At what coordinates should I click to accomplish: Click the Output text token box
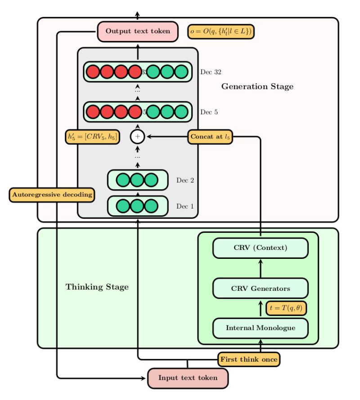click(138, 31)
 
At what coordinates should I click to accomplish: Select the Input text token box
click(188, 378)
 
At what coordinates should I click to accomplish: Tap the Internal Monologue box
click(261, 328)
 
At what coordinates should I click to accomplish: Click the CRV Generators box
click(261, 289)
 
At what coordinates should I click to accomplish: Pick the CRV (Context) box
click(261, 248)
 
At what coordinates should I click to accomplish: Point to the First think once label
click(249, 360)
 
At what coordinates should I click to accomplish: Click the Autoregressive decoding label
click(52, 195)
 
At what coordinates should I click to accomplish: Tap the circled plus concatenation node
click(138, 137)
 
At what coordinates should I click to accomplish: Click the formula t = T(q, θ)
click(286, 308)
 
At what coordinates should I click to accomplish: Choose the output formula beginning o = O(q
click(221, 31)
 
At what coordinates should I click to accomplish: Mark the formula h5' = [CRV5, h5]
click(93, 137)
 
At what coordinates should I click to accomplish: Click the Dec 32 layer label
click(211, 72)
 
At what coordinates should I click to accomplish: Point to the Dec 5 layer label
click(209, 112)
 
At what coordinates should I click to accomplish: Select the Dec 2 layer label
click(185, 181)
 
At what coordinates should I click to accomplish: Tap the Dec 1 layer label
click(185, 207)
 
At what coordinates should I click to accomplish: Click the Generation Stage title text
click(257, 87)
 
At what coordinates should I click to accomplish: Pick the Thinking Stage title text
click(97, 287)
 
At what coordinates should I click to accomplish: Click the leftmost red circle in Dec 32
click(93, 72)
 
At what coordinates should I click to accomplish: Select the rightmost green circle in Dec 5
click(181, 112)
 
